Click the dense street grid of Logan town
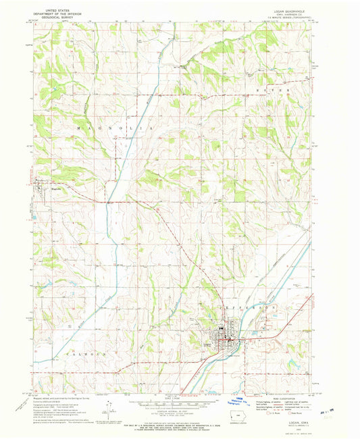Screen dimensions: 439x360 tap(223, 337)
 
